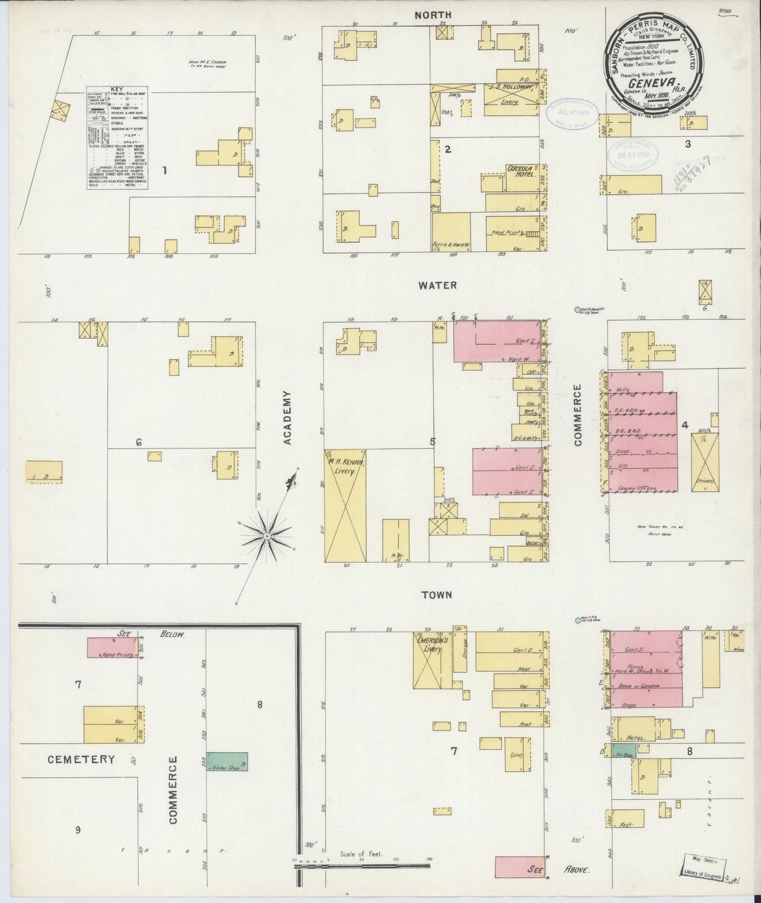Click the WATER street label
click(x=437, y=286)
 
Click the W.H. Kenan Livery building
click(x=345, y=505)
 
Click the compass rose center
click(x=267, y=536)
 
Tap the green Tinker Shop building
click(x=227, y=761)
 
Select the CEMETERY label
click(x=81, y=759)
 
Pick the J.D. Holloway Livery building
click(x=509, y=100)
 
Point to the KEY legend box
click(x=117, y=138)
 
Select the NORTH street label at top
click(x=433, y=15)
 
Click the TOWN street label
click(x=437, y=595)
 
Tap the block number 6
click(x=139, y=443)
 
